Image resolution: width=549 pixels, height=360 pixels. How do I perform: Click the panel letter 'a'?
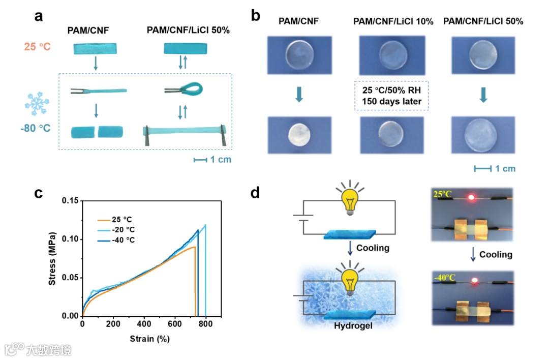click(x=38, y=16)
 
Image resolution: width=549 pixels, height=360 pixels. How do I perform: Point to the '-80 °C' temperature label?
click(x=36, y=128)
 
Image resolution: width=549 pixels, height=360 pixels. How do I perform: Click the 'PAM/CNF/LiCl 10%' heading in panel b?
click(x=393, y=21)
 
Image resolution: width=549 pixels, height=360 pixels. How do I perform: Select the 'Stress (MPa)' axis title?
click(x=52, y=259)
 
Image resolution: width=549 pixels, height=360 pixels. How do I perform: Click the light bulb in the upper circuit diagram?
click(x=349, y=200)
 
